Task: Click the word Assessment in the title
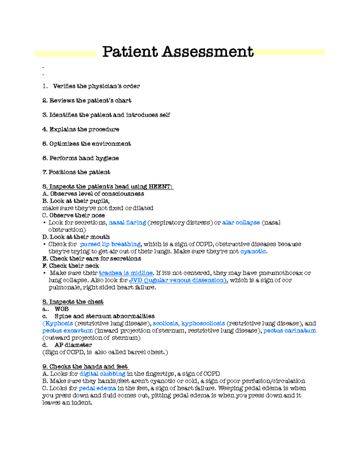(208, 52)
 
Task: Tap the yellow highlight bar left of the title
(65, 54)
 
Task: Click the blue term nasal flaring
(127, 223)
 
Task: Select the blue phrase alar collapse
(241, 223)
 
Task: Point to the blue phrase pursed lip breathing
(110, 244)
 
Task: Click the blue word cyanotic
(253, 251)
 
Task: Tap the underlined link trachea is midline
(126, 273)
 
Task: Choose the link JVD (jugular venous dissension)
(178, 280)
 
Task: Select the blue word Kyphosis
(58, 323)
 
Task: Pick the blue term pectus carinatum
(289, 331)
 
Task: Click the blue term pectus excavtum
(67, 331)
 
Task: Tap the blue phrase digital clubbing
(102, 374)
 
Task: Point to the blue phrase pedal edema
(97, 388)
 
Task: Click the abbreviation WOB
(61, 309)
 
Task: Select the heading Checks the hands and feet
(88, 367)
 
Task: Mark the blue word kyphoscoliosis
(203, 323)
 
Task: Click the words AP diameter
(73, 345)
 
